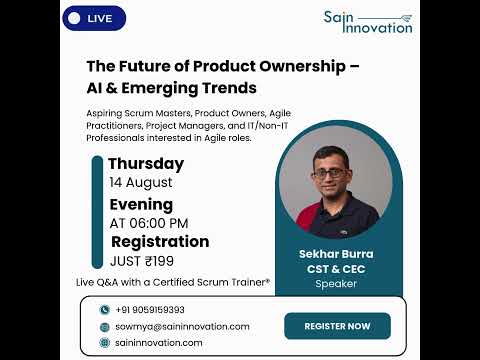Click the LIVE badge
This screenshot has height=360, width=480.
point(94,19)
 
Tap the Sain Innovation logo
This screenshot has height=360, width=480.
point(367,22)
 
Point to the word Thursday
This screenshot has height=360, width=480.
point(146,163)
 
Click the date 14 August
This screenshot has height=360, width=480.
point(141,182)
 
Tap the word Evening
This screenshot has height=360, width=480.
point(141,204)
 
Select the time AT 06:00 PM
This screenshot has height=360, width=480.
point(149,223)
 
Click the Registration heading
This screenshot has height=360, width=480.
point(160,242)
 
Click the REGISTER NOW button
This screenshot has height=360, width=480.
point(337,326)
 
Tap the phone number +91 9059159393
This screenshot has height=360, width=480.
point(150,310)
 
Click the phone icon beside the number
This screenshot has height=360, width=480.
point(104,310)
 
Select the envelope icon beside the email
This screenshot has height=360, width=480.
point(104,326)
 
